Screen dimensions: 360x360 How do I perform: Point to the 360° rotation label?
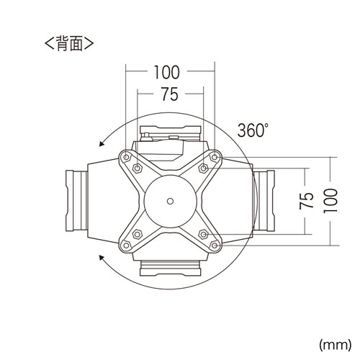click(253, 132)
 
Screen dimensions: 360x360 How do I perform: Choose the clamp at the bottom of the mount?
click(171, 269)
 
